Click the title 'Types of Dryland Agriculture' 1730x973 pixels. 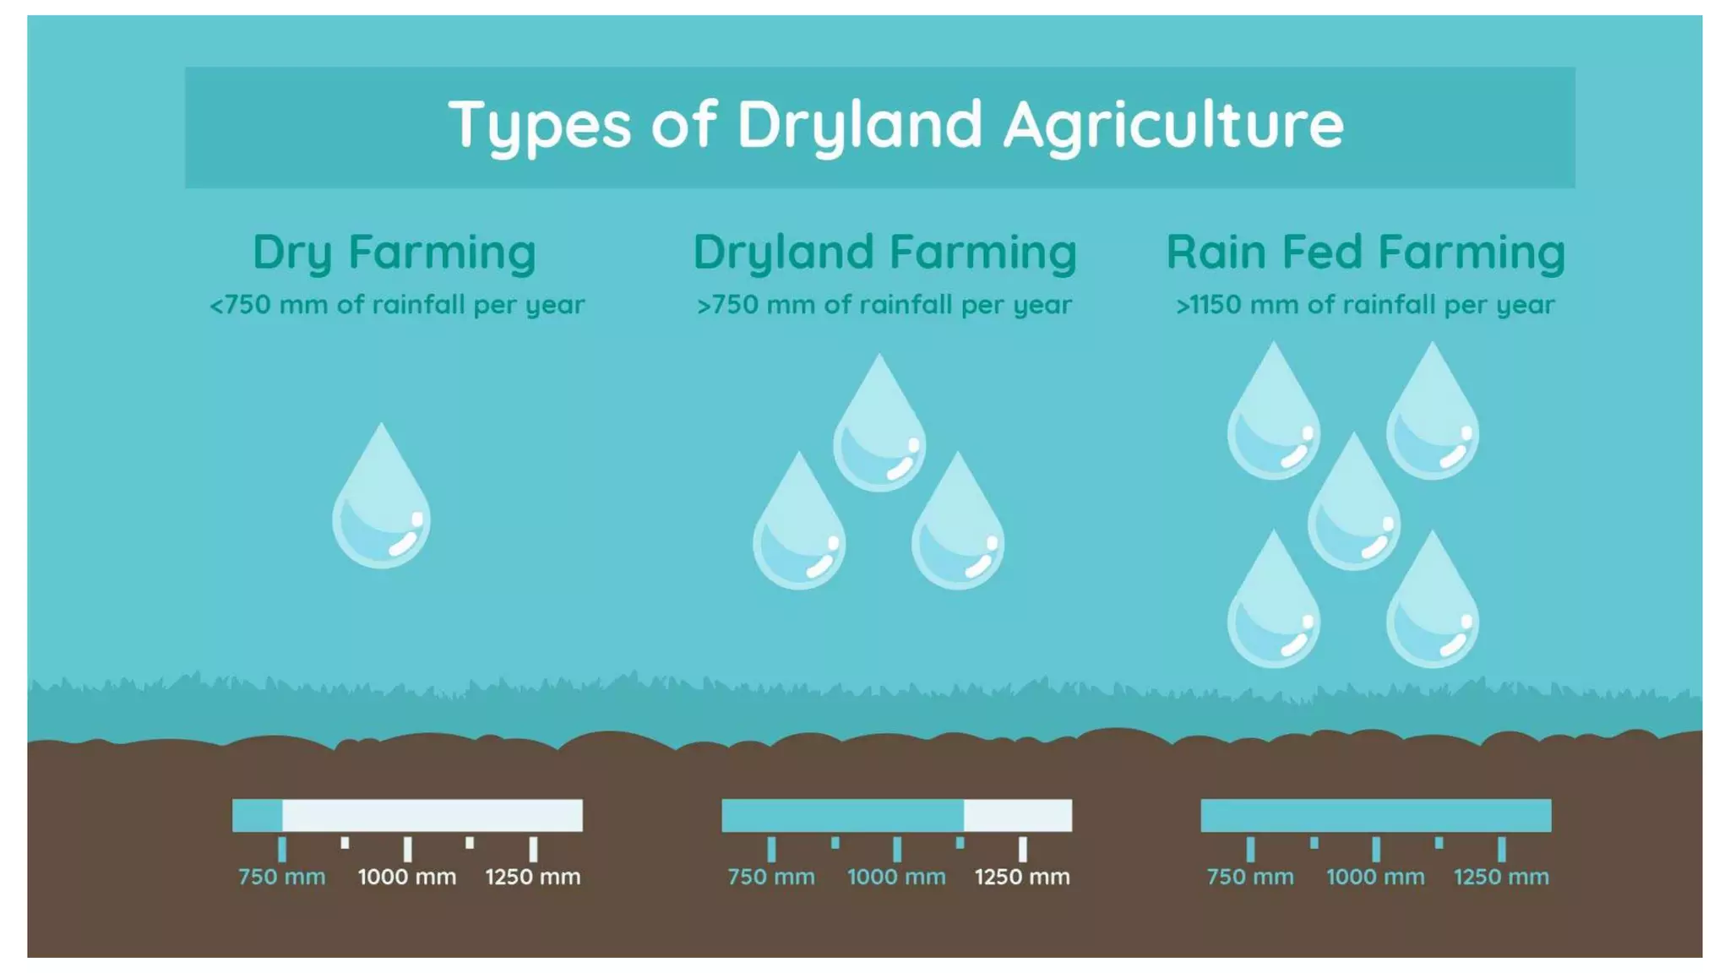pyautogui.click(x=895, y=125)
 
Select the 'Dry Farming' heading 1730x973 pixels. pyautogui.click(x=394, y=253)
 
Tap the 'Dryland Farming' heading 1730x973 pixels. pyautogui.click(x=884, y=253)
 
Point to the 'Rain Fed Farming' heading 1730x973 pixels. pyautogui.click(x=1365, y=253)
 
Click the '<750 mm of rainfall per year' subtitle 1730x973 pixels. pyautogui.click(x=396, y=305)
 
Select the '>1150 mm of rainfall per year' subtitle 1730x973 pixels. pyautogui.click(x=1365, y=305)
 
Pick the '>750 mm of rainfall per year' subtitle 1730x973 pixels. pyautogui.click(x=884, y=305)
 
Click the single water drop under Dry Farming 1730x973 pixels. pyautogui.click(x=381, y=507)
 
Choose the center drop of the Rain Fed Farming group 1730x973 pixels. pyautogui.click(x=1353, y=511)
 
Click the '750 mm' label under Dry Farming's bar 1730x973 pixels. pyautogui.click(x=281, y=877)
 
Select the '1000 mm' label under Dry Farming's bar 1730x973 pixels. pyautogui.click(x=407, y=877)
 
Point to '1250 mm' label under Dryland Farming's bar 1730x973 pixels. pyautogui.click(x=1022, y=877)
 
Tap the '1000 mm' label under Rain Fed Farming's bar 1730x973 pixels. pyautogui.click(x=1375, y=877)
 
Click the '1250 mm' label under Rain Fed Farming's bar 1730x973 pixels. pyautogui.click(x=1501, y=877)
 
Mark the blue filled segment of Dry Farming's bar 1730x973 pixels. pyautogui.click(x=258, y=816)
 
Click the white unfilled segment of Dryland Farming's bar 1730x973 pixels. pyautogui.click(x=1018, y=816)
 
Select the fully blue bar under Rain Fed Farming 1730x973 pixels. pyautogui.click(x=1375, y=816)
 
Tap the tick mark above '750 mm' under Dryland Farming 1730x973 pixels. pyautogui.click(x=771, y=849)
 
